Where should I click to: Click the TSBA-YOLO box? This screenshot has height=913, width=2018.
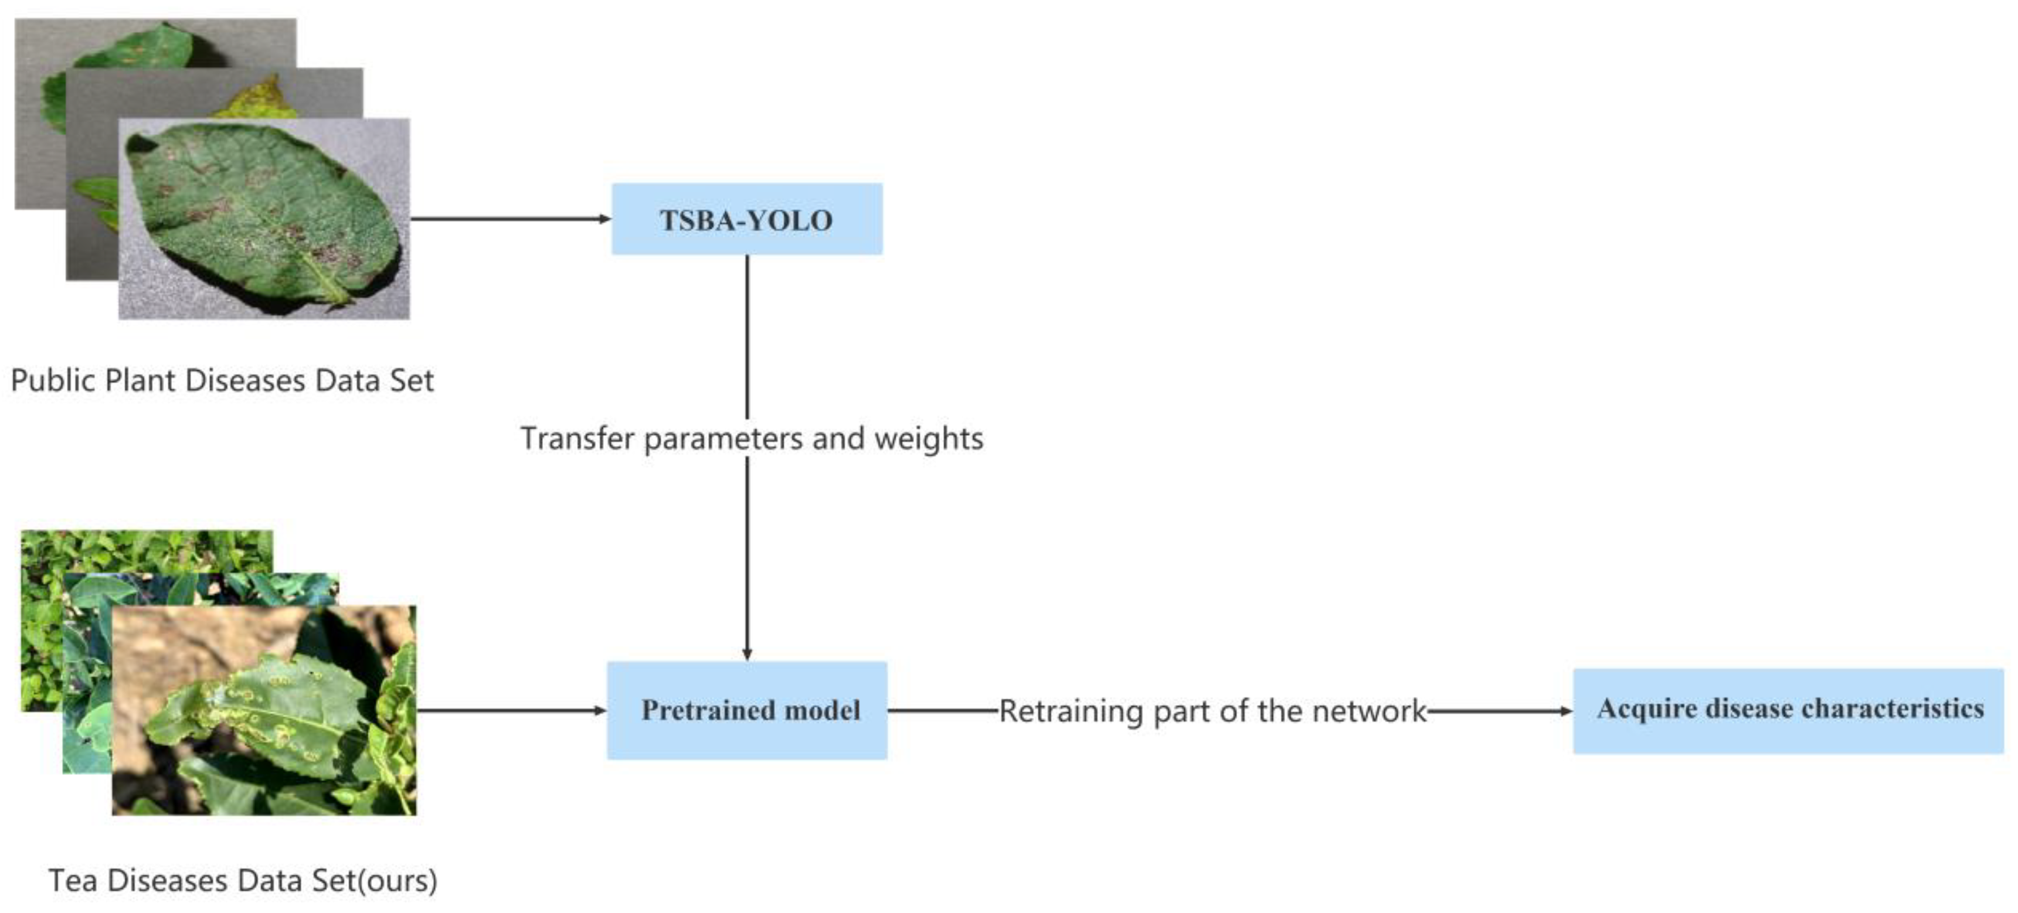point(746,219)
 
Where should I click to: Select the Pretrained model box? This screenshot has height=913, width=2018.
point(746,710)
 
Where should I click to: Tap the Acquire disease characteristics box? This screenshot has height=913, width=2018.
point(1788,710)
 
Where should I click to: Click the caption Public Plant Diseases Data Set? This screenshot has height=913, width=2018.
point(222,380)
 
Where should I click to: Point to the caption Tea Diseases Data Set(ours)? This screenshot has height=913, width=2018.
point(243,881)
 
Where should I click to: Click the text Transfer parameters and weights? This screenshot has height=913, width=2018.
point(751,438)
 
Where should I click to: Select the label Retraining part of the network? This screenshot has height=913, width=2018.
point(1212,711)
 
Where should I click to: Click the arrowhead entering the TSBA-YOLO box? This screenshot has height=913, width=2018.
point(605,219)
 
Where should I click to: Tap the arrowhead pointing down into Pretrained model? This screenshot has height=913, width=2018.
point(746,654)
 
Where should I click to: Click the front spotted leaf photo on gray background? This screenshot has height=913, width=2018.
point(264,219)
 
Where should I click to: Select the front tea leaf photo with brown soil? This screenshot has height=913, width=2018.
point(264,710)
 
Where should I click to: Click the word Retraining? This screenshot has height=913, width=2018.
point(1072,711)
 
